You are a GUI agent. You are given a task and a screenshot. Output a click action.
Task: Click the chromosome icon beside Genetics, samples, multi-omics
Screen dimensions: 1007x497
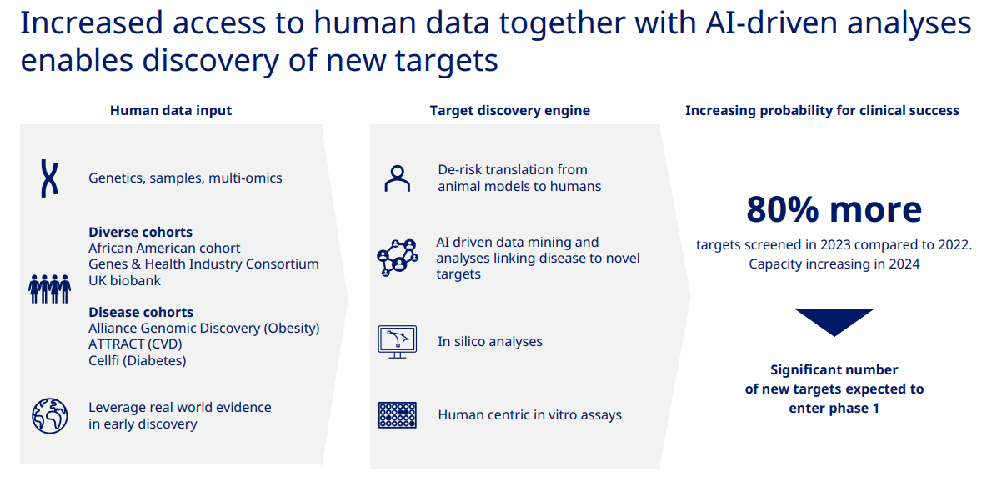coord(49,178)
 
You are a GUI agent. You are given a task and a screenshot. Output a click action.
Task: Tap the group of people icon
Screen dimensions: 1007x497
coord(49,289)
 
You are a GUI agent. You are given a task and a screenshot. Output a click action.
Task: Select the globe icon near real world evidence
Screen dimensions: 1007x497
coord(49,415)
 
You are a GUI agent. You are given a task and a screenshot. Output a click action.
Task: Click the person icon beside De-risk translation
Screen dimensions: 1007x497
coord(398,178)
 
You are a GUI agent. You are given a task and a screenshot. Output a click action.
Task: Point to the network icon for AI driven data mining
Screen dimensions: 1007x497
coord(398,258)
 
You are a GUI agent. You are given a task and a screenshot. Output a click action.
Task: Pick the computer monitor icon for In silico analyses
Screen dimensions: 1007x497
coord(398,342)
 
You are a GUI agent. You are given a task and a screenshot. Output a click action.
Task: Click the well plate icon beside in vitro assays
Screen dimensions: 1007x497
coord(398,414)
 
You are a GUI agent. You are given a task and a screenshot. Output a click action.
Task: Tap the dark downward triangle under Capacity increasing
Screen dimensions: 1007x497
coord(834,320)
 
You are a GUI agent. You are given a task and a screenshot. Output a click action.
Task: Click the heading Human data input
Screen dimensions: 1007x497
coord(171,111)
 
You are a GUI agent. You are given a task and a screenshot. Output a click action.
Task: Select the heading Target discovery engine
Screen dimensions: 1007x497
coord(510,111)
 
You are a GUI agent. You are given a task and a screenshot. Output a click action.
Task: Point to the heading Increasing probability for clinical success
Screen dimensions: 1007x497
coord(822,111)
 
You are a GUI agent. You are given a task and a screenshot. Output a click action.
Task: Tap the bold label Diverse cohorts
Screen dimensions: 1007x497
coord(140,232)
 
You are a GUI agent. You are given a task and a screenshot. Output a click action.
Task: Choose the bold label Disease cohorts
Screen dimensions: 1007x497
coord(141,312)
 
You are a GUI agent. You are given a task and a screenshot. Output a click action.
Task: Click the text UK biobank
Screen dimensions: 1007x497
coord(124,281)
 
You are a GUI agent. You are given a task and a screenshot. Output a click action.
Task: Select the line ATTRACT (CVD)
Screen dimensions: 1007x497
coord(135,344)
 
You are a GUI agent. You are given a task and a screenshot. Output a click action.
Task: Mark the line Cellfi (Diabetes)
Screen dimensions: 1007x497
coord(137,361)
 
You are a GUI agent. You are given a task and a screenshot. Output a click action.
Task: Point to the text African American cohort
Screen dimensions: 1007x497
coord(164,248)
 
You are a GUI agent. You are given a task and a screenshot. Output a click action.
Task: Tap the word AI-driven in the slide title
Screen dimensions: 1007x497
coord(771,23)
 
